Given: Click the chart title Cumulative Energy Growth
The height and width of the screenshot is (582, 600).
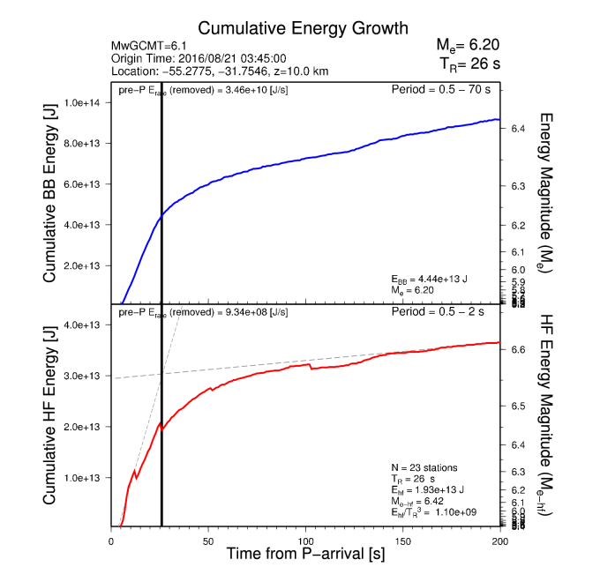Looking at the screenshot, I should (290, 28).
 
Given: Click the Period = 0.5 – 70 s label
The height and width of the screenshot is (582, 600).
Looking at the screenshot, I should (445, 90).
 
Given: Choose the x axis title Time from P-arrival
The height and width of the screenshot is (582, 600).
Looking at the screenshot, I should (304, 555).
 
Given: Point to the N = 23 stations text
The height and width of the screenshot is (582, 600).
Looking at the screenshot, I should (426, 466).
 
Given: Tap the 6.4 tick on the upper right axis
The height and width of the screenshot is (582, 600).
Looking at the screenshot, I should (519, 129).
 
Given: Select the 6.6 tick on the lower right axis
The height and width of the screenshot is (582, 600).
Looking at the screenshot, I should (519, 350).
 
